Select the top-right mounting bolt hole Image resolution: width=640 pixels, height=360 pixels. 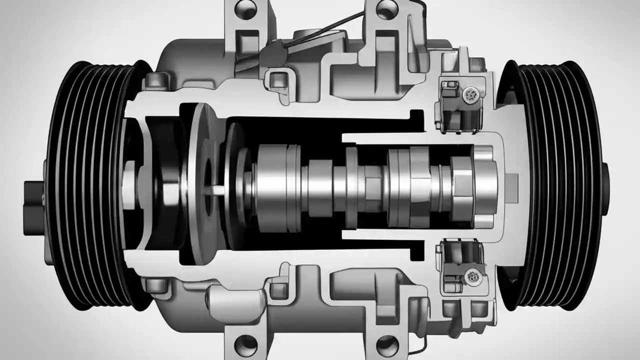(385, 8)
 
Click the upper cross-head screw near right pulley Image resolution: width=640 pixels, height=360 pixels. (470, 93)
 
